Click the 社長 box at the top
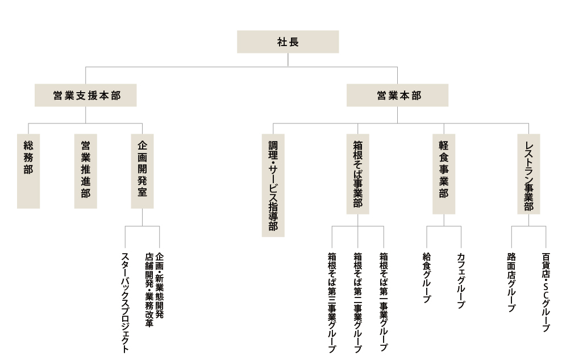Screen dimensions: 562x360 tap(288, 42)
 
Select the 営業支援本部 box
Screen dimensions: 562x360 tap(86, 96)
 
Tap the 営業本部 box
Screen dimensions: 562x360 tap(397, 96)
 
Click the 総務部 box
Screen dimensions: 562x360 tap(28, 171)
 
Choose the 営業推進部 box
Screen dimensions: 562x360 tap(86, 171)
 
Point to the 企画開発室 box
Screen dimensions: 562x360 tap(142, 171)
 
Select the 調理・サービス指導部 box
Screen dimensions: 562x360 tap(273, 185)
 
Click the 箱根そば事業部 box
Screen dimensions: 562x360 tap(357, 174)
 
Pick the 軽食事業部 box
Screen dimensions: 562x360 tap(444, 174)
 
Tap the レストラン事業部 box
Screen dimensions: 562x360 tap(528, 174)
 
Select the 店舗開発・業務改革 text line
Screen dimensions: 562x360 tap(149, 290)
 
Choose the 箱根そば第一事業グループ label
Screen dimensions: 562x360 tap(384, 302)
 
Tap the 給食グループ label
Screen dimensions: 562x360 tap(427, 278)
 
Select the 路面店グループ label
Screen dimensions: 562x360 tap(511, 282)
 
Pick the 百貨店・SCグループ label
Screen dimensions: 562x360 tap(546, 292)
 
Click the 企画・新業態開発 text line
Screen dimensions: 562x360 tap(160, 285)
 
